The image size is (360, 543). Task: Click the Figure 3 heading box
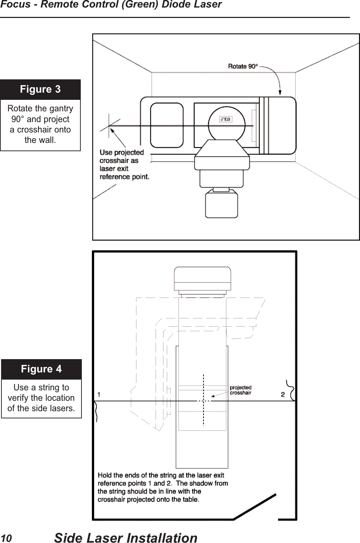point(40,89)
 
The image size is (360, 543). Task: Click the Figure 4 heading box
point(41,369)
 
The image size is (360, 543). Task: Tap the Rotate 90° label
point(243,66)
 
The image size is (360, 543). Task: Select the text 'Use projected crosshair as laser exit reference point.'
point(124,164)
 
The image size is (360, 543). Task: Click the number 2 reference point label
point(283,395)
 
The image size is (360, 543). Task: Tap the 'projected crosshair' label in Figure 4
point(240,390)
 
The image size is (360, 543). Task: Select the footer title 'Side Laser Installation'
point(126,538)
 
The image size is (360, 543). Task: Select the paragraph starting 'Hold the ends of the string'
point(163,487)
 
